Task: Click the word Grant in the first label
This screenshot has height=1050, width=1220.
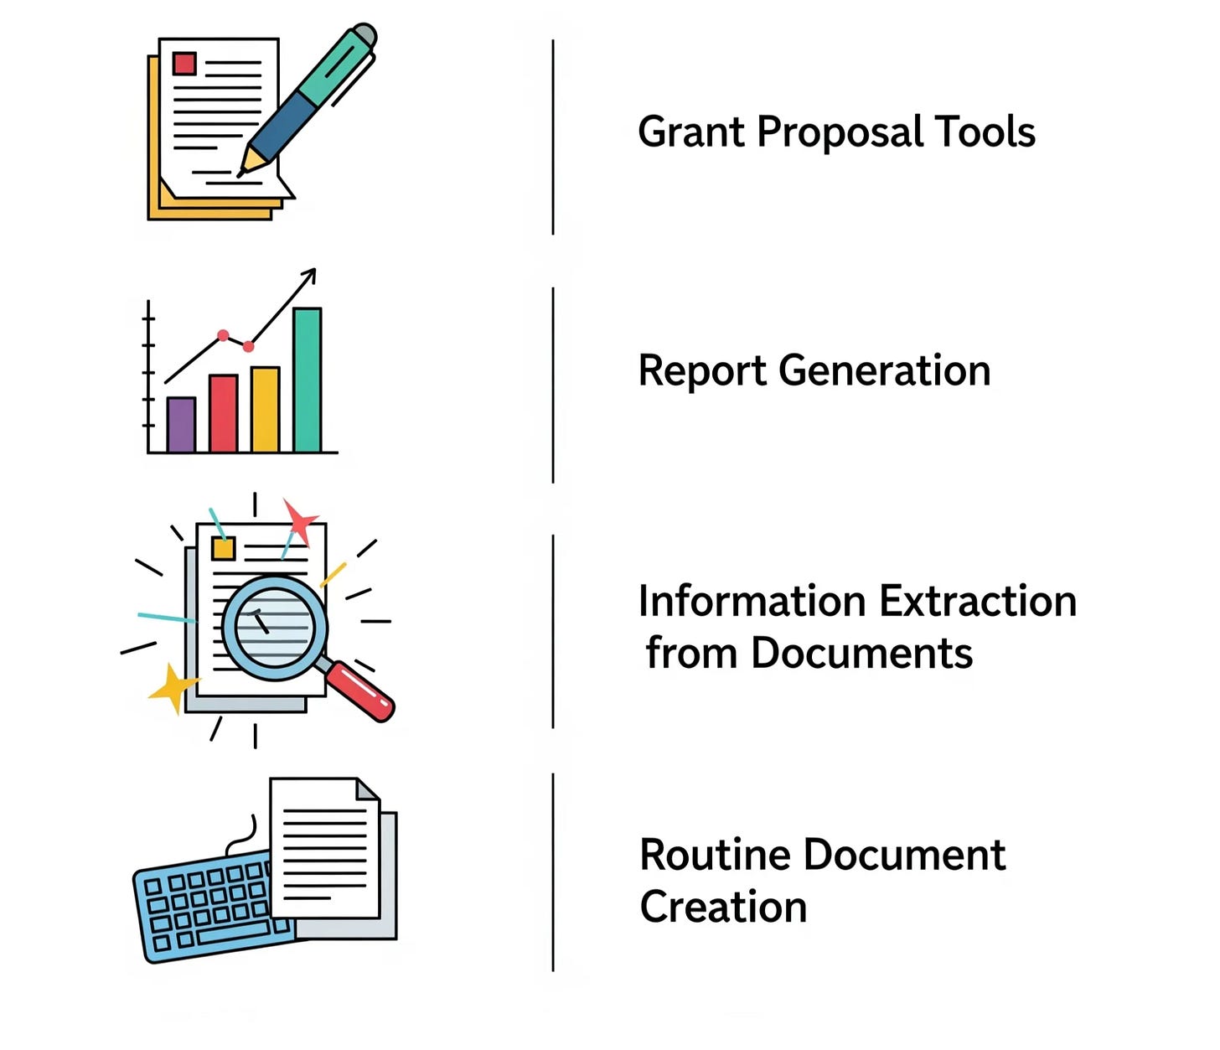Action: [690, 132]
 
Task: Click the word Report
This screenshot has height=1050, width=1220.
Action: [701, 371]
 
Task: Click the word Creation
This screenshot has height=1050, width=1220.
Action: [723, 908]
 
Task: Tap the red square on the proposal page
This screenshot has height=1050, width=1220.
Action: [184, 64]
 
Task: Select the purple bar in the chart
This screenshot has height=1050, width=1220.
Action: [181, 424]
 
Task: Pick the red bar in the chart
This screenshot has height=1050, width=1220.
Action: [223, 413]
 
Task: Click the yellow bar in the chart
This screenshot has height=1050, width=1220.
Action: [265, 409]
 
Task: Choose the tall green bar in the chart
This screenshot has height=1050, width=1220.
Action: [307, 380]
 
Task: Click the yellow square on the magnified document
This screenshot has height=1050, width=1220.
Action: [223, 548]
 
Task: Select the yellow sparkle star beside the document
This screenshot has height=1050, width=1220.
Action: [173, 688]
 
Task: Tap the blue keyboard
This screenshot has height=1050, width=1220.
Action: [201, 909]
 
